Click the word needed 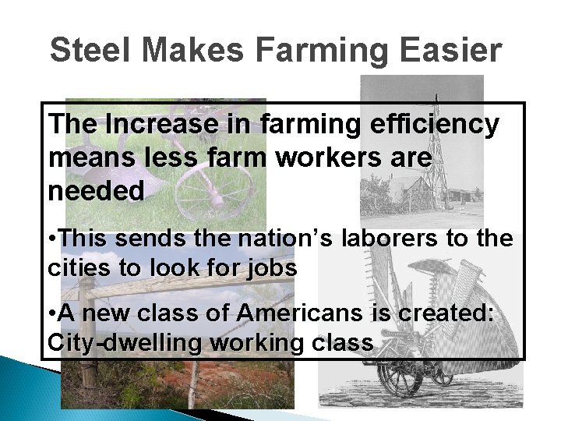97,191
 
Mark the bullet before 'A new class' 51,315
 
